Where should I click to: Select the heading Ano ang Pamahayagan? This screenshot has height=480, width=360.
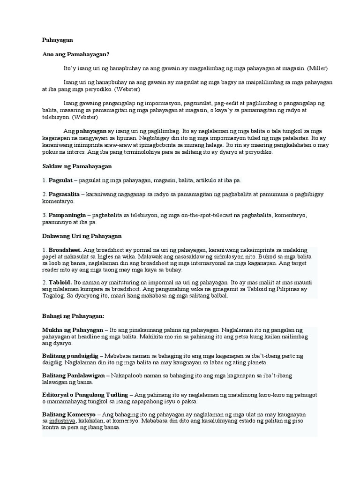(x=75, y=54)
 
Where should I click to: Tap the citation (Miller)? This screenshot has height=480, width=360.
(x=317, y=68)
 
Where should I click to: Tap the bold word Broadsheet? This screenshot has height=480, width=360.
(x=65, y=250)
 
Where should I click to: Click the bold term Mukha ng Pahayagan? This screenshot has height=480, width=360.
(x=72, y=330)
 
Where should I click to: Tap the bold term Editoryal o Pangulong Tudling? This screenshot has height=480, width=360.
(x=85, y=395)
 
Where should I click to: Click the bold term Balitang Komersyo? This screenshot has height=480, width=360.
(x=68, y=414)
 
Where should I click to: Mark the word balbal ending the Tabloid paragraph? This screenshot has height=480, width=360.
(x=219, y=296)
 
